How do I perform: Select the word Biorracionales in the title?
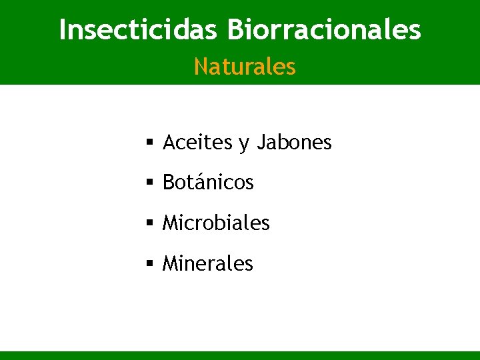pyautogui.click(x=324, y=30)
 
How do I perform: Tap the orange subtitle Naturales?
pyautogui.click(x=245, y=67)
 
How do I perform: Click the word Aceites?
pyautogui.click(x=197, y=143)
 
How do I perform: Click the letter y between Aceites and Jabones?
pyautogui.click(x=243, y=145)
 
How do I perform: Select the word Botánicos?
pyautogui.click(x=208, y=183)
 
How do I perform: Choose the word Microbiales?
pyautogui.click(x=216, y=223)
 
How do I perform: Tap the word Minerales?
pyautogui.click(x=208, y=263)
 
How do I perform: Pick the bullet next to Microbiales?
pyautogui.click(x=150, y=223)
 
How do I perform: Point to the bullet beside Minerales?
pyautogui.click(x=150, y=263)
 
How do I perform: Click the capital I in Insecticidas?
pyautogui.click(x=63, y=30)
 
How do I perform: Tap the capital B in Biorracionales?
pyautogui.click(x=235, y=30)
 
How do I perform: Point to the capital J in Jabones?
pyautogui.click(x=261, y=143)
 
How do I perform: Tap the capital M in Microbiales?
pyautogui.click(x=171, y=223)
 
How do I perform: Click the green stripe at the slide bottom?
pyautogui.click(x=240, y=355)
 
